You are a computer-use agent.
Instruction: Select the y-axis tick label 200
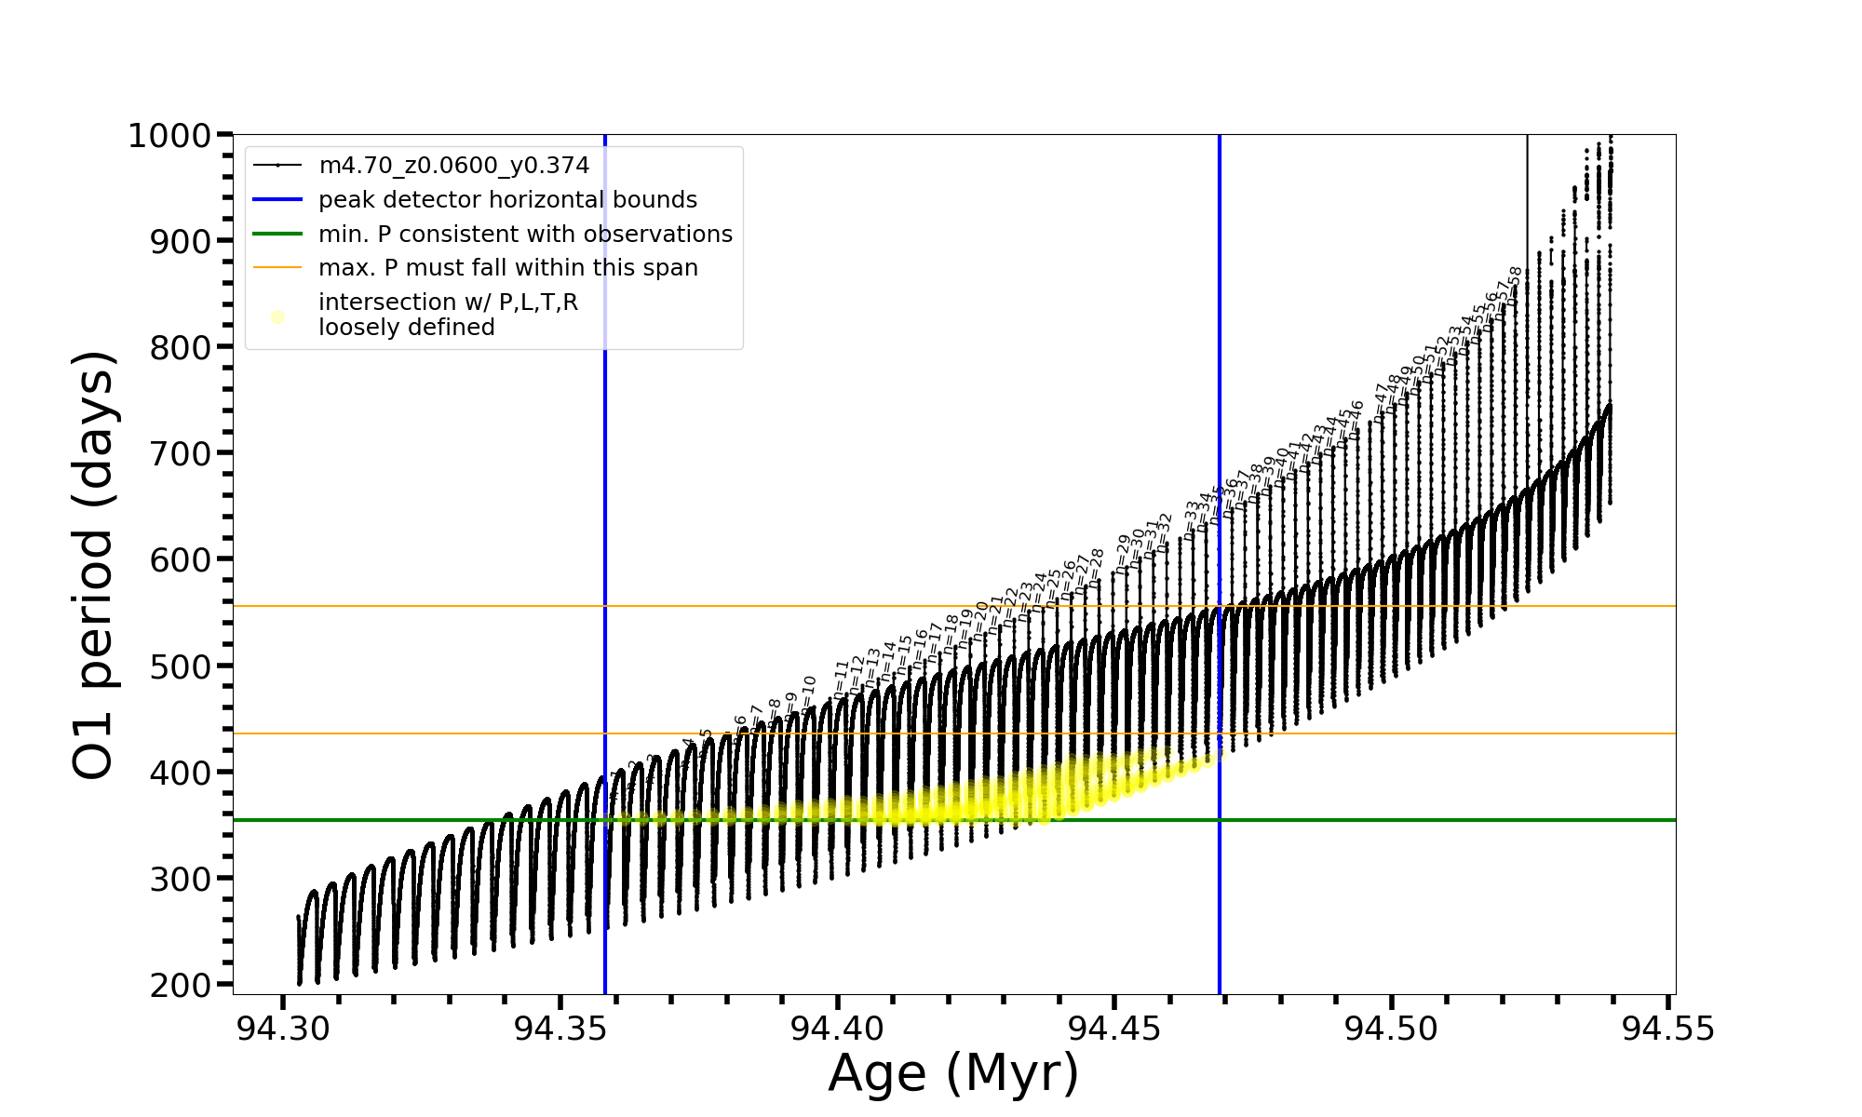click(180, 985)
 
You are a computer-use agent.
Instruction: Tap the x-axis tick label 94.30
click(282, 1029)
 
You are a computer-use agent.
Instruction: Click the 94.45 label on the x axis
click(1114, 1029)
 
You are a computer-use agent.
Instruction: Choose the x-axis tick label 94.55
click(1668, 1029)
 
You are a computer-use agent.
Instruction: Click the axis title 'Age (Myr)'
click(953, 1073)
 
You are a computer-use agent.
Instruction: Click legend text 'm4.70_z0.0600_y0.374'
click(453, 166)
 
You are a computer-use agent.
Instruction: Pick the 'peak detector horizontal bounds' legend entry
click(507, 200)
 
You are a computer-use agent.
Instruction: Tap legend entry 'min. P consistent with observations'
click(525, 235)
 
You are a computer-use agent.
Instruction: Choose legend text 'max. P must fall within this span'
click(507, 268)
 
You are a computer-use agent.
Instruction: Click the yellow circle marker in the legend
click(277, 316)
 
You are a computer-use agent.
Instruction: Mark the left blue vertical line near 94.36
click(605, 558)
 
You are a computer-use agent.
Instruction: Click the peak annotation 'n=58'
click(1515, 285)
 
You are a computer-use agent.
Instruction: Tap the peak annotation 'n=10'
click(808, 693)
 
